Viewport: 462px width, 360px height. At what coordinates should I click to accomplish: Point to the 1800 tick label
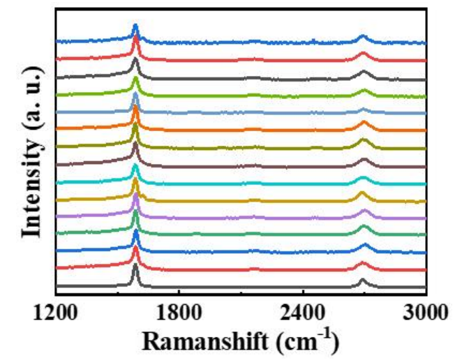(x=179, y=313)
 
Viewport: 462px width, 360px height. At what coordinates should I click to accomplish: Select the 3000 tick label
(x=426, y=313)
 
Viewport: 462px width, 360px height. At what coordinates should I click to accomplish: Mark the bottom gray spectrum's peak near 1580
(x=135, y=266)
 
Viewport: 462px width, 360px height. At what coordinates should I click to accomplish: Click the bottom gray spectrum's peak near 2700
(x=362, y=280)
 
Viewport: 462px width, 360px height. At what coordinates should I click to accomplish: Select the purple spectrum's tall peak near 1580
(x=135, y=196)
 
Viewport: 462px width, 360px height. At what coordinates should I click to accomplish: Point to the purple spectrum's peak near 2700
(x=364, y=211)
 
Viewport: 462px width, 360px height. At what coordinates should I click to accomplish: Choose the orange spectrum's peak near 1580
(x=135, y=108)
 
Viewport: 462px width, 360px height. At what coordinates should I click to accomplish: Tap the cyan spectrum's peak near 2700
(x=363, y=176)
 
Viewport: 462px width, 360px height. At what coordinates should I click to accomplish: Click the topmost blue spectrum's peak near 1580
(x=135, y=27)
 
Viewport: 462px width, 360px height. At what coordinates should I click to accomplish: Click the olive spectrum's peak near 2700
(x=363, y=141)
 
